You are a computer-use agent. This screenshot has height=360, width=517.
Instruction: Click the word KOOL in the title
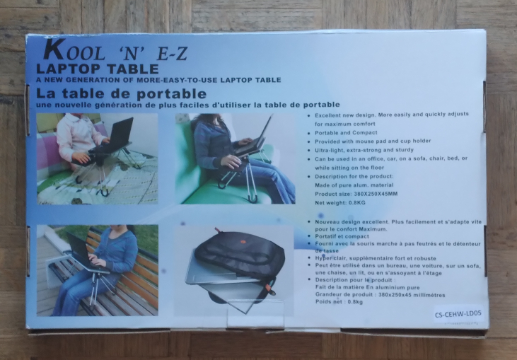tap(71, 52)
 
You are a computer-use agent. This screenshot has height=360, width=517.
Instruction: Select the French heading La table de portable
tap(121, 93)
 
